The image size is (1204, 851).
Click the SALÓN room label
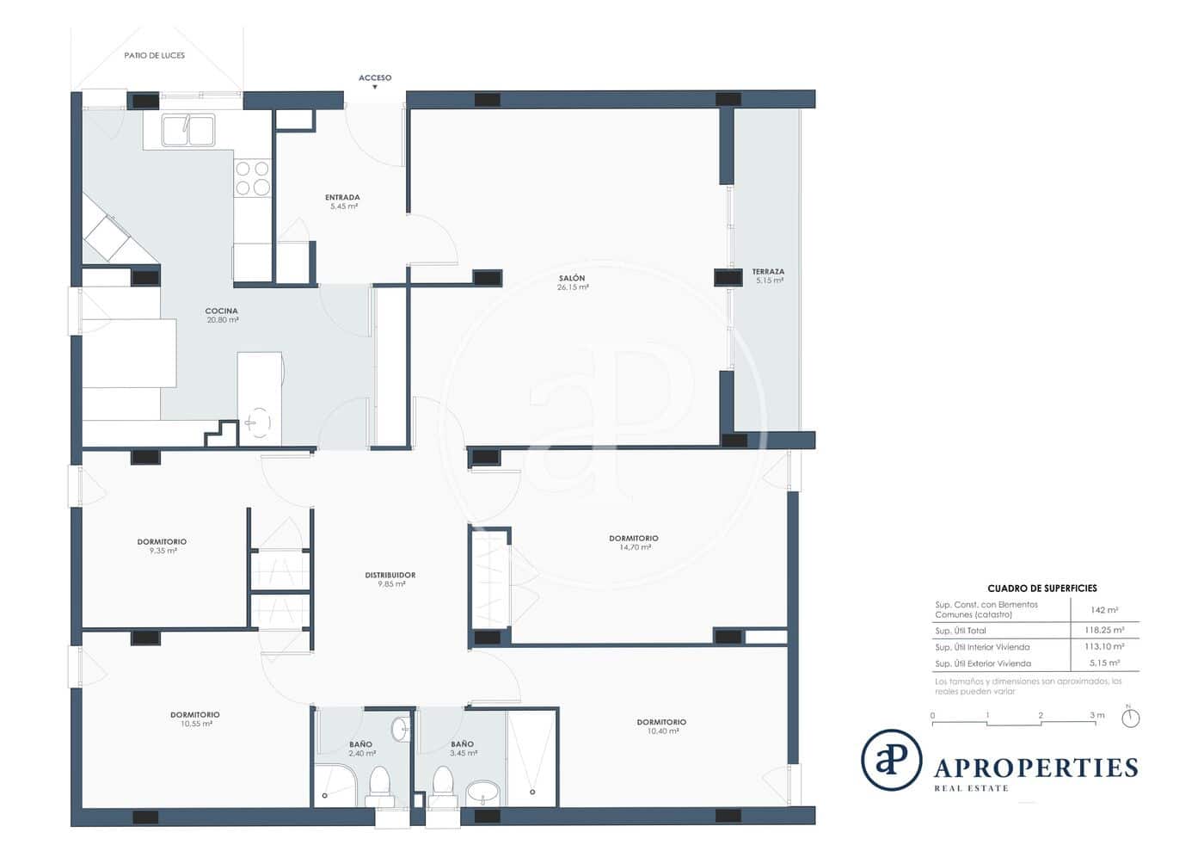point(572,278)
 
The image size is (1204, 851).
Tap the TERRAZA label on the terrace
point(768,272)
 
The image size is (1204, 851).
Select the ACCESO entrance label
point(375,78)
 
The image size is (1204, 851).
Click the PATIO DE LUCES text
point(154,55)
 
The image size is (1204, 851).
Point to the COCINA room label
point(221,311)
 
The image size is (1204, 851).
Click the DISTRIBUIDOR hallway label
point(390,575)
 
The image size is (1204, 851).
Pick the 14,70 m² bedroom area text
point(633,547)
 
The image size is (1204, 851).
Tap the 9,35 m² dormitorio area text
point(163,551)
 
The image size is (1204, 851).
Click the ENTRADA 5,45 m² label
point(342,201)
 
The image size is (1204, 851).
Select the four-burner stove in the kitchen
point(252,178)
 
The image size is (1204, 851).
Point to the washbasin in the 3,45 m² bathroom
point(484,792)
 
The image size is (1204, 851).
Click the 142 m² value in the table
point(1104,609)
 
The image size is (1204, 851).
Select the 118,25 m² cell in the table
point(1104,630)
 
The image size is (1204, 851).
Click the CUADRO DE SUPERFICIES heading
point(1041,589)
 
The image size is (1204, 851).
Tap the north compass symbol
point(1131,717)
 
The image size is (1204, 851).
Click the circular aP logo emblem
point(892,760)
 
